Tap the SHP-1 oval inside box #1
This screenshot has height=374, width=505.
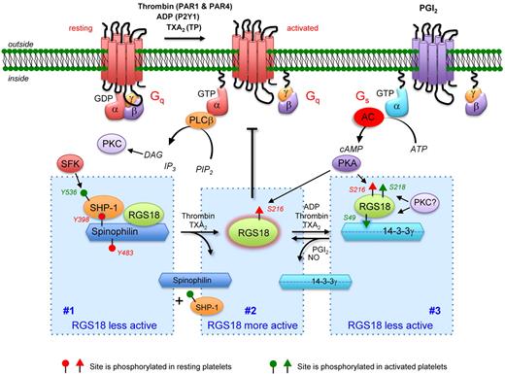(x=80, y=215)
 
